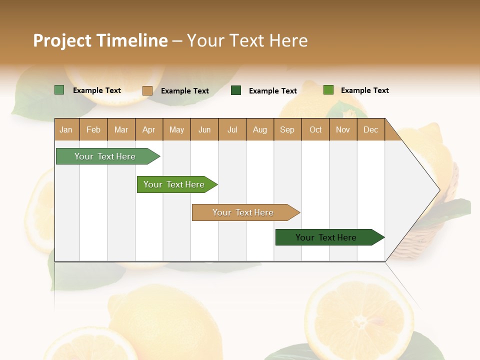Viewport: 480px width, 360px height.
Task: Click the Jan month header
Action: [66, 129]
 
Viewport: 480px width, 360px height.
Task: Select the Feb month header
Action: [93, 129]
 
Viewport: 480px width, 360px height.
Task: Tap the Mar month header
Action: [121, 129]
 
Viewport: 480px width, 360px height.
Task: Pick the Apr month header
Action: [149, 129]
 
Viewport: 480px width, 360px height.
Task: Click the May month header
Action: [176, 129]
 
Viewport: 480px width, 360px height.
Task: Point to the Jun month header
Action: [204, 129]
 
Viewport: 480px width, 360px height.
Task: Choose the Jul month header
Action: [232, 129]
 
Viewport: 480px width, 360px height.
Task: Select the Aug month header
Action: [260, 129]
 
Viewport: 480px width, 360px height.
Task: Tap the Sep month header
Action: [287, 129]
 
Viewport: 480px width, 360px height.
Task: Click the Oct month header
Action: [315, 129]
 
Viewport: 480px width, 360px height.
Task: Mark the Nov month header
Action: [343, 129]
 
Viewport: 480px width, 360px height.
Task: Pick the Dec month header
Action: [371, 129]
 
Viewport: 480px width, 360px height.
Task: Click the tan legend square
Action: [147, 90]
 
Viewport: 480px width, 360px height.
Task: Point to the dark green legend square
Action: [236, 90]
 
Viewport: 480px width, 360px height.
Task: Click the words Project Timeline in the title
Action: [100, 40]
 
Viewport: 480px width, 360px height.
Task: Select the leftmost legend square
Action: [59, 90]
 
